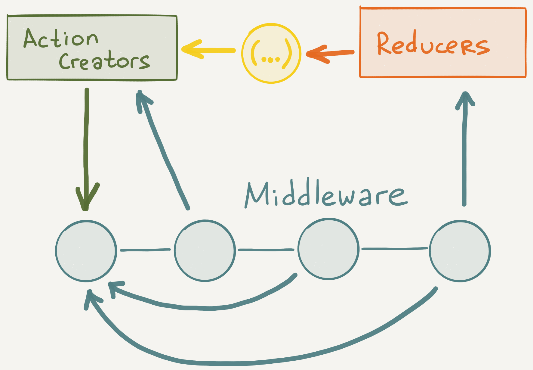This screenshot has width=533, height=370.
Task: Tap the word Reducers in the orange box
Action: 433,45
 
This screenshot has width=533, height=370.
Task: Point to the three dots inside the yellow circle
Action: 271,60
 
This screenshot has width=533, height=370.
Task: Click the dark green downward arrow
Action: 86,145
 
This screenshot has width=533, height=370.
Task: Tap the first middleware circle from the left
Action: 86,251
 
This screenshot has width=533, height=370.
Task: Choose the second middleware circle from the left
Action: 205,251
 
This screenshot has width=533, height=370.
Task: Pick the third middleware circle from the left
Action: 329,249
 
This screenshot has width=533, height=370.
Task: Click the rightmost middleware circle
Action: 460,251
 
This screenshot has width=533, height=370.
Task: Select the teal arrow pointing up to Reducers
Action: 465,151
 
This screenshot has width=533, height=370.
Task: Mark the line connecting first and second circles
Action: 145,250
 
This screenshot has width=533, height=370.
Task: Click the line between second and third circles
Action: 266,250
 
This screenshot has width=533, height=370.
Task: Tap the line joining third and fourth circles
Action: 394,249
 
